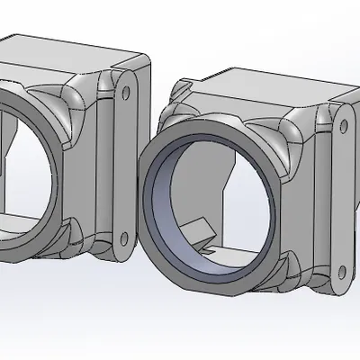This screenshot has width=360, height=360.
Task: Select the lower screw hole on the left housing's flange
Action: (x=123, y=238)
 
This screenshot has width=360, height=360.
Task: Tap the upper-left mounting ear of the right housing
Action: (x=180, y=90)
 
